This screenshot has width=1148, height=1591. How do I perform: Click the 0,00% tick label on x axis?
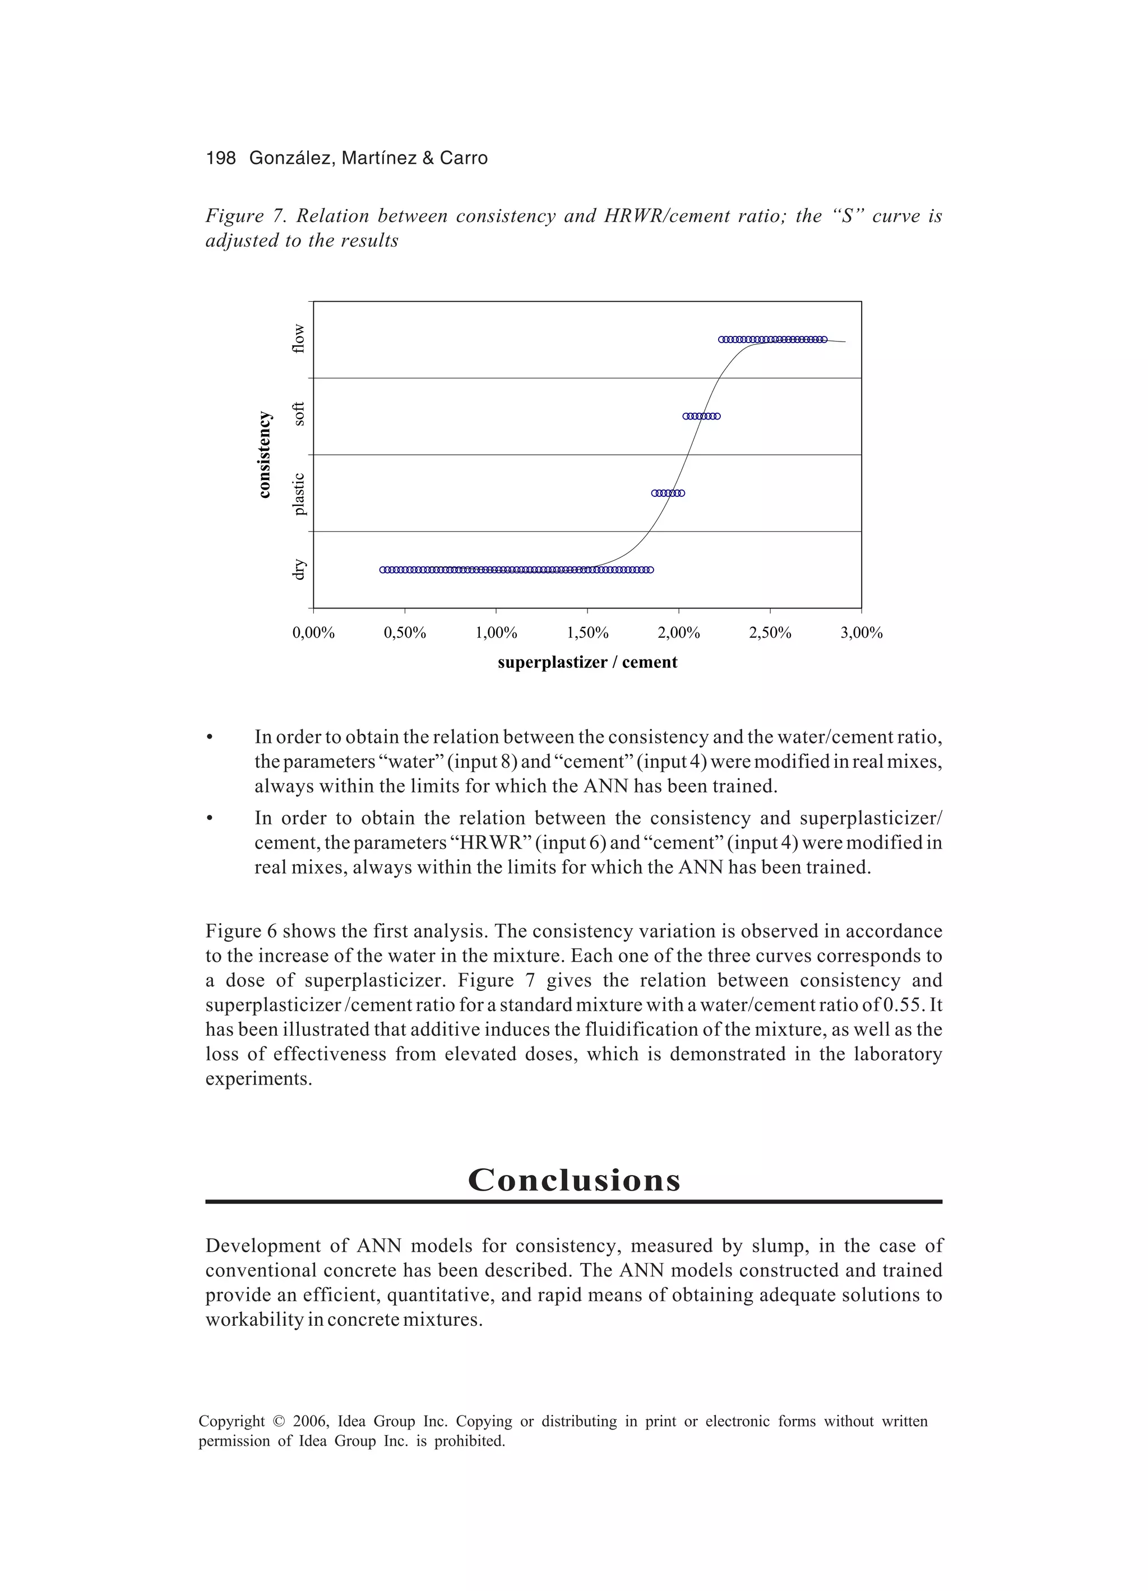point(313,633)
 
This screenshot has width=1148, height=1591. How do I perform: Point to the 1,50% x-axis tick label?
point(587,633)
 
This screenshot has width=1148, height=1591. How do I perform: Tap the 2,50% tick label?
point(770,633)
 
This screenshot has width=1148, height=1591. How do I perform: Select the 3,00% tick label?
point(861,633)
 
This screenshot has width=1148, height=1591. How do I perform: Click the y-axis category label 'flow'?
point(299,339)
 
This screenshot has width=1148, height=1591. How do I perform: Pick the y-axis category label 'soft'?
point(299,414)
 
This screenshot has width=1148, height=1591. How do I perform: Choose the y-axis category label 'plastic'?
point(299,494)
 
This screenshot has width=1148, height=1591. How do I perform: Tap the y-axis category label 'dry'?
point(299,569)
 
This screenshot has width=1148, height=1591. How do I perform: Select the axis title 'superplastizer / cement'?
point(587,662)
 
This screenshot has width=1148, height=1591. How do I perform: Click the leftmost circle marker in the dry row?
point(383,570)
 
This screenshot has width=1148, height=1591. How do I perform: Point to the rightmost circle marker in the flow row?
point(824,339)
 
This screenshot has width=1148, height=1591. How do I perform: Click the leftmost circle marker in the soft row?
point(686,416)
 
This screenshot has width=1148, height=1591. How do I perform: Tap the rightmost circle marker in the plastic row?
point(682,493)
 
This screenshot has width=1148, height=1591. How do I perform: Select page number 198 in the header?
point(221,159)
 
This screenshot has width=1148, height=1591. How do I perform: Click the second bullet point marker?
point(209,819)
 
